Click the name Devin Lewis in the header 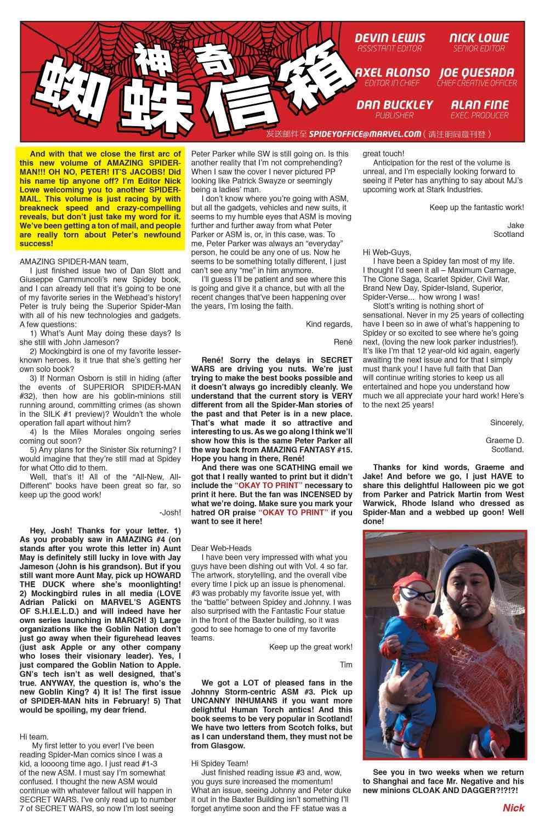(389, 38)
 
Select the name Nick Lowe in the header (479, 38)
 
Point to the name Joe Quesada (476, 72)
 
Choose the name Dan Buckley (394, 104)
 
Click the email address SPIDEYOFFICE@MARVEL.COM (365, 134)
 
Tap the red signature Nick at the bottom (513, 807)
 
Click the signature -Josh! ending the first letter (170, 512)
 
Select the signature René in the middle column (343, 342)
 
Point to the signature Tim (346, 665)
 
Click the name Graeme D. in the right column (504, 440)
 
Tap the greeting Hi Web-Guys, (387, 252)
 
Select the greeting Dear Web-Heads (222, 548)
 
